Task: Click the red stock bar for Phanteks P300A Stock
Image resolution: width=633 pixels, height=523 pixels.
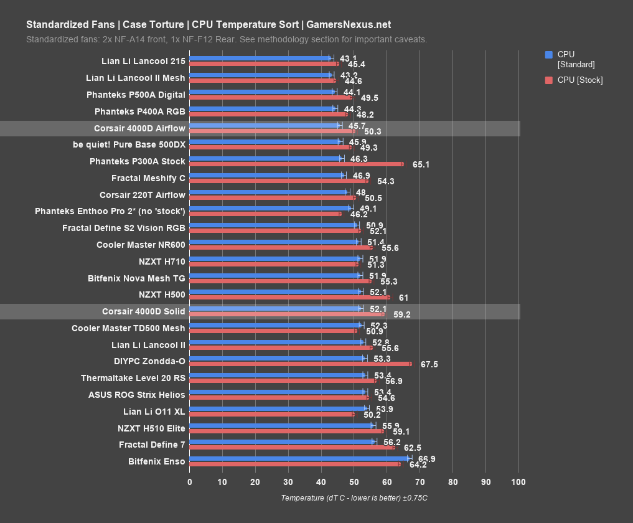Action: click(x=296, y=164)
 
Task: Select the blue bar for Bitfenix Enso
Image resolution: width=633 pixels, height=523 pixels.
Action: click(x=299, y=458)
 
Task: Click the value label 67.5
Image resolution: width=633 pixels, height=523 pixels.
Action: click(x=429, y=364)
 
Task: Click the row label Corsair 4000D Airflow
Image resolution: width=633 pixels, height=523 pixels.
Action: click(x=139, y=128)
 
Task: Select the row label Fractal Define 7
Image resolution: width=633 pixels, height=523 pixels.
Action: click(x=152, y=445)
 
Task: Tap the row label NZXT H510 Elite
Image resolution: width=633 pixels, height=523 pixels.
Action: click(x=151, y=428)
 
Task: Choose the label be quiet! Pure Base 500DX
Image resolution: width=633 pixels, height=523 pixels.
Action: click(x=129, y=144)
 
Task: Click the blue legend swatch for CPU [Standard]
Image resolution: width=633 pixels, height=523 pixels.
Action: click(x=548, y=54)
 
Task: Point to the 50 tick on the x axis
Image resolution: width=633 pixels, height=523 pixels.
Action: click(x=354, y=482)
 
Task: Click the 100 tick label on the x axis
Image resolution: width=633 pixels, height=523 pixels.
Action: click(x=518, y=482)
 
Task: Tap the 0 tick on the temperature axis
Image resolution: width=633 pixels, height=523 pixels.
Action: click(x=190, y=482)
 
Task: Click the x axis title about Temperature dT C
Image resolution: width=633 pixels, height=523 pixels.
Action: click(x=354, y=498)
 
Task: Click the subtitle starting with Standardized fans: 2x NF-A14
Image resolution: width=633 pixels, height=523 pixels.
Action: click(x=227, y=39)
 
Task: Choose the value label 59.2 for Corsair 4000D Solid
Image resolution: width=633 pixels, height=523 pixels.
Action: click(x=402, y=314)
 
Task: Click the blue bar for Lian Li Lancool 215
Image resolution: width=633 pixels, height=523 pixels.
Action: click(x=260, y=58)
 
